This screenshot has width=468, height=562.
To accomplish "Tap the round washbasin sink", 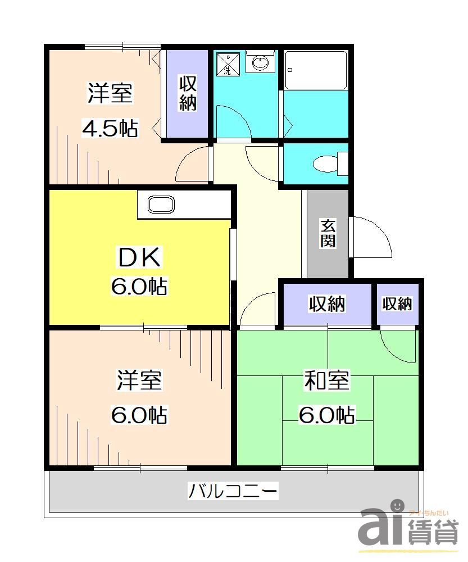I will pyautogui.click(x=260, y=63).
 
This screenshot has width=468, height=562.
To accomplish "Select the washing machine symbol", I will pyautogui.click(x=227, y=64).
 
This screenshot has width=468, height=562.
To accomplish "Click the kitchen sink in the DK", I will pyautogui.click(x=161, y=205).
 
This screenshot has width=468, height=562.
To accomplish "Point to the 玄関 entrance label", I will pyautogui.click(x=328, y=233).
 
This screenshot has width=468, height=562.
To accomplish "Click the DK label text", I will pyautogui.click(x=139, y=258).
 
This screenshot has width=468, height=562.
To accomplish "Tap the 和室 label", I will pyautogui.click(x=326, y=381).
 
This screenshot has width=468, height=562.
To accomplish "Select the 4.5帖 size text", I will pyautogui.click(x=110, y=128).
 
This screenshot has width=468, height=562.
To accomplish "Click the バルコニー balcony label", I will pyautogui.click(x=233, y=492).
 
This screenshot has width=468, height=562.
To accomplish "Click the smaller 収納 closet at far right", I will pyautogui.click(x=398, y=304).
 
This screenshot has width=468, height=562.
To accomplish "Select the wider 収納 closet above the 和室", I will pyautogui.click(x=326, y=304).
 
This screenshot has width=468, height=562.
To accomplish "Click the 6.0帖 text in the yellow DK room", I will pyautogui.click(x=139, y=287).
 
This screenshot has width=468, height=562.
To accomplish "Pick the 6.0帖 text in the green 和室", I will pyautogui.click(x=326, y=415).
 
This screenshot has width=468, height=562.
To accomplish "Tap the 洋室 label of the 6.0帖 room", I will pyautogui.click(x=139, y=381).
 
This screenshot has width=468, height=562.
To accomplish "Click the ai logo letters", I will pyautogui.click(x=381, y=525).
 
